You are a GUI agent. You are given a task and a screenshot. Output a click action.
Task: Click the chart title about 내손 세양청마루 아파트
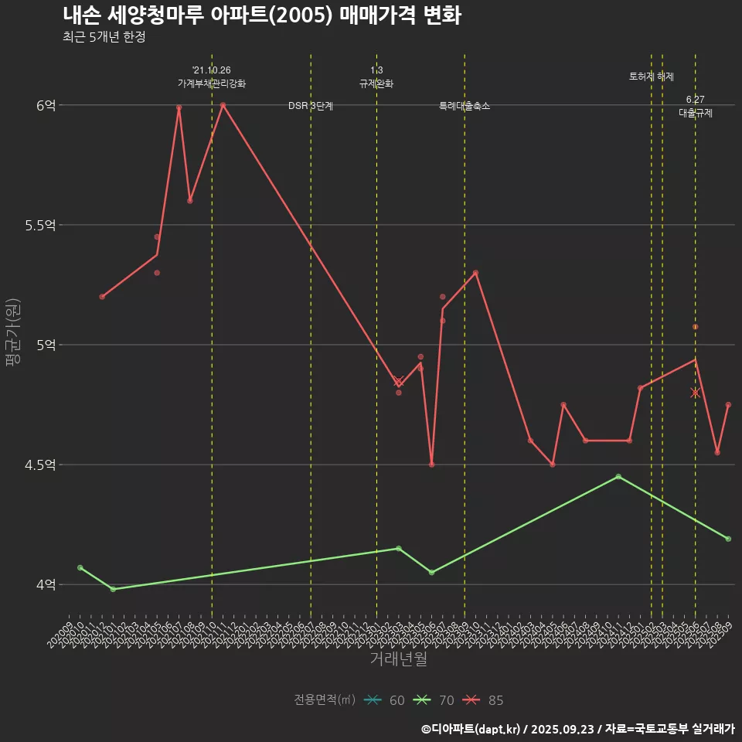(261, 15)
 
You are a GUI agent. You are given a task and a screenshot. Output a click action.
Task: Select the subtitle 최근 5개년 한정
(104, 37)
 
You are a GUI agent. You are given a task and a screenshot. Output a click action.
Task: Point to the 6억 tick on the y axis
(46, 105)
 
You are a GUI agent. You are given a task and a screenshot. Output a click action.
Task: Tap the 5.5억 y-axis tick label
(40, 225)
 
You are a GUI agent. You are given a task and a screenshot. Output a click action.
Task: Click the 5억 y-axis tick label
(46, 345)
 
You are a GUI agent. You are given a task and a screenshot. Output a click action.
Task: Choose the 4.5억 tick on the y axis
(40, 465)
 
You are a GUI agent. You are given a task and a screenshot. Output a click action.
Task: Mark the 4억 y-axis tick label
(46, 584)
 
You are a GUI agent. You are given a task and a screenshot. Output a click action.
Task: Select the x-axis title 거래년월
(398, 659)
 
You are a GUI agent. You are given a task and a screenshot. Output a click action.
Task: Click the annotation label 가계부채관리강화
(212, 83)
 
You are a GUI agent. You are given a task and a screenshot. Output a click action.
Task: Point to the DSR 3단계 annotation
(311, 106)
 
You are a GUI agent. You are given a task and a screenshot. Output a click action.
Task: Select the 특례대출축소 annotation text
(465, 106)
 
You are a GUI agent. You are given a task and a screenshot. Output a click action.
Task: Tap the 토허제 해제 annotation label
(652, 77)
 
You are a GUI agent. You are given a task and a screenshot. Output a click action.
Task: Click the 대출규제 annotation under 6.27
(696, 113)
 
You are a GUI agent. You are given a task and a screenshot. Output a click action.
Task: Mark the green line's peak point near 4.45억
(618, 476)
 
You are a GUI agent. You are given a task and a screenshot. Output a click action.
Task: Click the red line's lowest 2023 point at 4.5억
(431, 465)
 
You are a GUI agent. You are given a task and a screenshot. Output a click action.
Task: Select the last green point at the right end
(728, 539)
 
